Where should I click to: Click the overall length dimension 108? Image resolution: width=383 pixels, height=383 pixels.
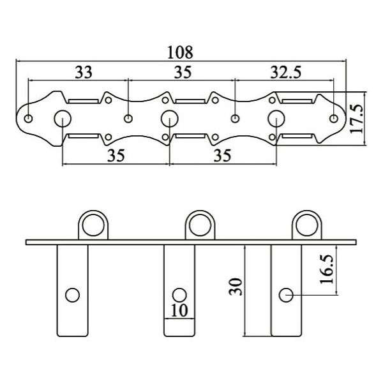coord(180,52)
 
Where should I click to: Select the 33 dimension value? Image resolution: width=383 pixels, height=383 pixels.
coord(84,72)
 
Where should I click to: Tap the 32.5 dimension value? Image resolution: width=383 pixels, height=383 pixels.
coord(286,72)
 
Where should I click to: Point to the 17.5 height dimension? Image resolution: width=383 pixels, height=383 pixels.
coord(356,119)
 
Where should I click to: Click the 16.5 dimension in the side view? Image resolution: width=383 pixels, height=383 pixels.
coord(327,269)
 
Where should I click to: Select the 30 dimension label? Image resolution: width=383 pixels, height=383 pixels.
coord(236,287)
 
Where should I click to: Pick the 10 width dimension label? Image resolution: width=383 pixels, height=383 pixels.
coord(179,310)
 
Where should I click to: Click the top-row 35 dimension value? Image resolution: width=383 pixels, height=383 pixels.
coord(183,72)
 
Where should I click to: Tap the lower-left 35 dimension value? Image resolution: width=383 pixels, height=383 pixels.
coord(116,155)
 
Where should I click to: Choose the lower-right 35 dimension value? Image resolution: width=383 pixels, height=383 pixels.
coord(222,155)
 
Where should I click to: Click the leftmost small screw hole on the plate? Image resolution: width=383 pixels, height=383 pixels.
coord(28,119)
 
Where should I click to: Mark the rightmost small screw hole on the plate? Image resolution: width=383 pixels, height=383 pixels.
coord(334,119)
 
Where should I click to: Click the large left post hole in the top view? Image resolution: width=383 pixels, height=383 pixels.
coord(63,119)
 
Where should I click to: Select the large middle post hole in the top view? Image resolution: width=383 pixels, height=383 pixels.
coord(170,119)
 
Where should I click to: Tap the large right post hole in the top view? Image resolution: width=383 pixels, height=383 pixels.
coord(276,119)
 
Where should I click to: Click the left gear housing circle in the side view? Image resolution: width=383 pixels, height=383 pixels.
coord(93,225)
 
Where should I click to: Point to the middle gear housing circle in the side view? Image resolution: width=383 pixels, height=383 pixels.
coord(200,225)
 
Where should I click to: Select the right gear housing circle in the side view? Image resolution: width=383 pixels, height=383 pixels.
coord(307,225)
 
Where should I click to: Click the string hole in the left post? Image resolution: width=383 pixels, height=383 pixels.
coord(73,295)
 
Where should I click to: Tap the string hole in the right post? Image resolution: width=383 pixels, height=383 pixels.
coord(286,295)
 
